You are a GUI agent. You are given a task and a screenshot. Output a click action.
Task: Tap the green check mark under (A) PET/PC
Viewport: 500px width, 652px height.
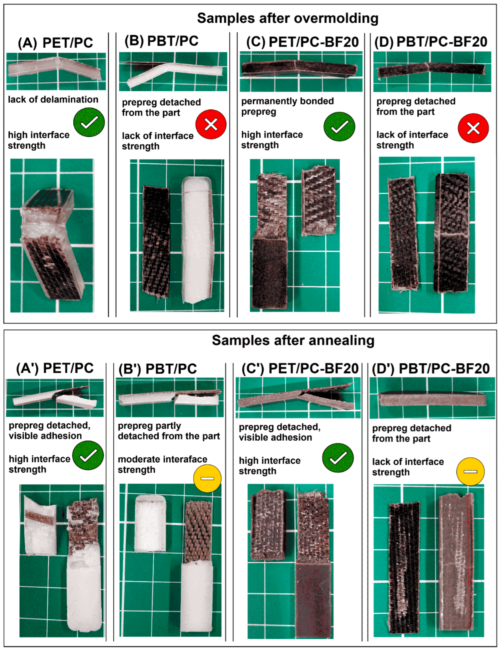pyautogui.click(x=89, y=122)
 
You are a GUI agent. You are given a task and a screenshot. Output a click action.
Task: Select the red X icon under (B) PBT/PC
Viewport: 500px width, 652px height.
pyautogui.click(x=211, y=124)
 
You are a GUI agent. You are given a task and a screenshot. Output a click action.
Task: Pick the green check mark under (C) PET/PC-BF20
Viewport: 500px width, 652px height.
pyautogui.click(x=339, y=126)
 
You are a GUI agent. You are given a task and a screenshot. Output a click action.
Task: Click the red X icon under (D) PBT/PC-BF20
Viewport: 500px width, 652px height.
pyautogui.click(x=473, y=128)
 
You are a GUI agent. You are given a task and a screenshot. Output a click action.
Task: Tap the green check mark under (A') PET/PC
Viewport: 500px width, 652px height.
pyautogui.click(x=88, y=455)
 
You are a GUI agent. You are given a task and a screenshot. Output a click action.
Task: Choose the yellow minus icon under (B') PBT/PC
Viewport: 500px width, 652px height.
pyautogui.click(x=208, y=478)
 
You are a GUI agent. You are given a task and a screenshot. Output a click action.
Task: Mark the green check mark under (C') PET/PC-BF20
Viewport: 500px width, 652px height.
pyautogui.click(x=338, y=458)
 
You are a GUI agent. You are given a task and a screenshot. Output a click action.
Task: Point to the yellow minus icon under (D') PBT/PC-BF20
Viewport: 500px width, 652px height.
pyautogui.click(x=471, y=471)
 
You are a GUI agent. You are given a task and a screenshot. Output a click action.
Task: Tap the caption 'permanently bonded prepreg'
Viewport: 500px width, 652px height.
pyautogui.click(x=288, y=107)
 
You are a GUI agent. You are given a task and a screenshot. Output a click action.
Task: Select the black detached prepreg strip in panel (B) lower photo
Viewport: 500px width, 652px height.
pyautogui.click(x=156, y=242)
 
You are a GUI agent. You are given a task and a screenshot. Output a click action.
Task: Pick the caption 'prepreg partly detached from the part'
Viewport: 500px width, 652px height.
pyautogui.click(x=169, y=431)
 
